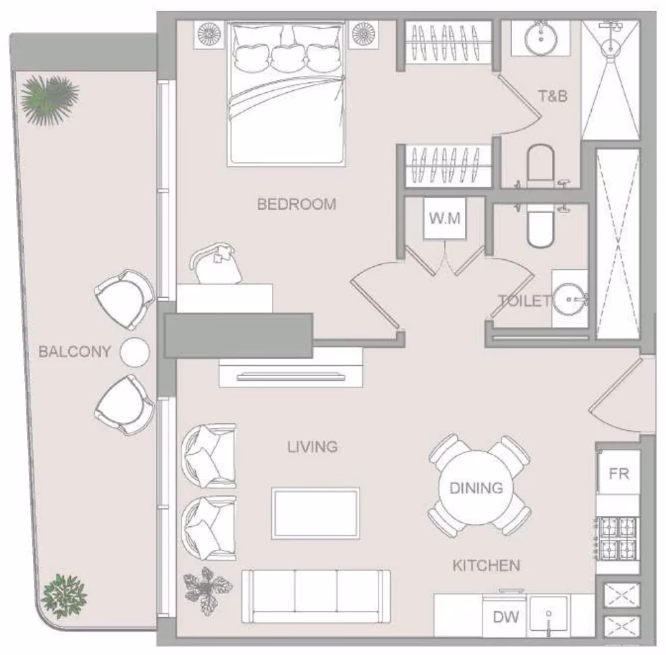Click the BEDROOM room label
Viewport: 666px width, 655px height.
(296, 204)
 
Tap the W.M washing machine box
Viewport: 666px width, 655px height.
(445, 218)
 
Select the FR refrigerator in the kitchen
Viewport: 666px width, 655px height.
(618, 472)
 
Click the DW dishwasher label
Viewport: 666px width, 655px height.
(506, 617)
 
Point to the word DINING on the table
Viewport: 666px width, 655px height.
(476, 488)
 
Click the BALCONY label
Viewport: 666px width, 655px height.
(75, 351)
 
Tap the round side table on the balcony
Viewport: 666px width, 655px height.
(135, 352)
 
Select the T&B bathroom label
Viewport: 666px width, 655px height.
(553, 96)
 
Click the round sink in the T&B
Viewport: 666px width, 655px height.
(540, 38)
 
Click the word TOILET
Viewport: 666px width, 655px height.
(525, 301)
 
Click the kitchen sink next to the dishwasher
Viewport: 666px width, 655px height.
(549, 615)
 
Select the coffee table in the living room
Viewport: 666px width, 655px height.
(316, 513)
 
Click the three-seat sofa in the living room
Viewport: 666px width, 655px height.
(316, 596)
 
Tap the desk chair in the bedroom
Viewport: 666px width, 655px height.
(216, 264)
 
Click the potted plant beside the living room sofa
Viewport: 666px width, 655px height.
(207, 590)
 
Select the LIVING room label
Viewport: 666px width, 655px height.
(312, 447)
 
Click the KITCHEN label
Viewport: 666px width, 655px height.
(486, 565)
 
